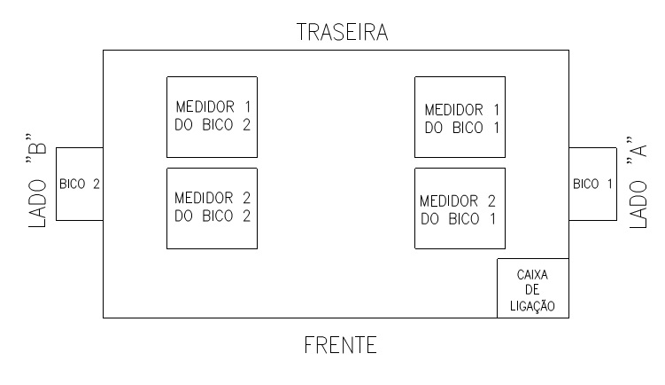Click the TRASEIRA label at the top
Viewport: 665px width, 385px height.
coord(343,32)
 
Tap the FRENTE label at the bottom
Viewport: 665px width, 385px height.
coord(341,345)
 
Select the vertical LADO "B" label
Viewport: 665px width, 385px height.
coord(37,181)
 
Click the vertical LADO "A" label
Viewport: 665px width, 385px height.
coord(638,183)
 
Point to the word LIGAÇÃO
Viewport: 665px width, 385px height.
coord(532,305)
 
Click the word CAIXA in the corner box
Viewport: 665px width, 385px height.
coord(532,275)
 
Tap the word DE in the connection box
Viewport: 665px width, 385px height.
coord(532,290)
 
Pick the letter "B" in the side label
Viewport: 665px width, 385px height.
coord(37,145)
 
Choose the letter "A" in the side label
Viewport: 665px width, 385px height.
coord(638,148)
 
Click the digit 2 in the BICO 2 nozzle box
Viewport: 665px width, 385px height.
coord(97,184)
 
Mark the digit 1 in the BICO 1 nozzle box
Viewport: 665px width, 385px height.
coord(610,184)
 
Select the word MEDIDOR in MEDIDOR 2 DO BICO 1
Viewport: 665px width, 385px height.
coord(449,201)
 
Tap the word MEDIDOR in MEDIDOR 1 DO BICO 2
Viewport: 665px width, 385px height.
coord(205,106)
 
